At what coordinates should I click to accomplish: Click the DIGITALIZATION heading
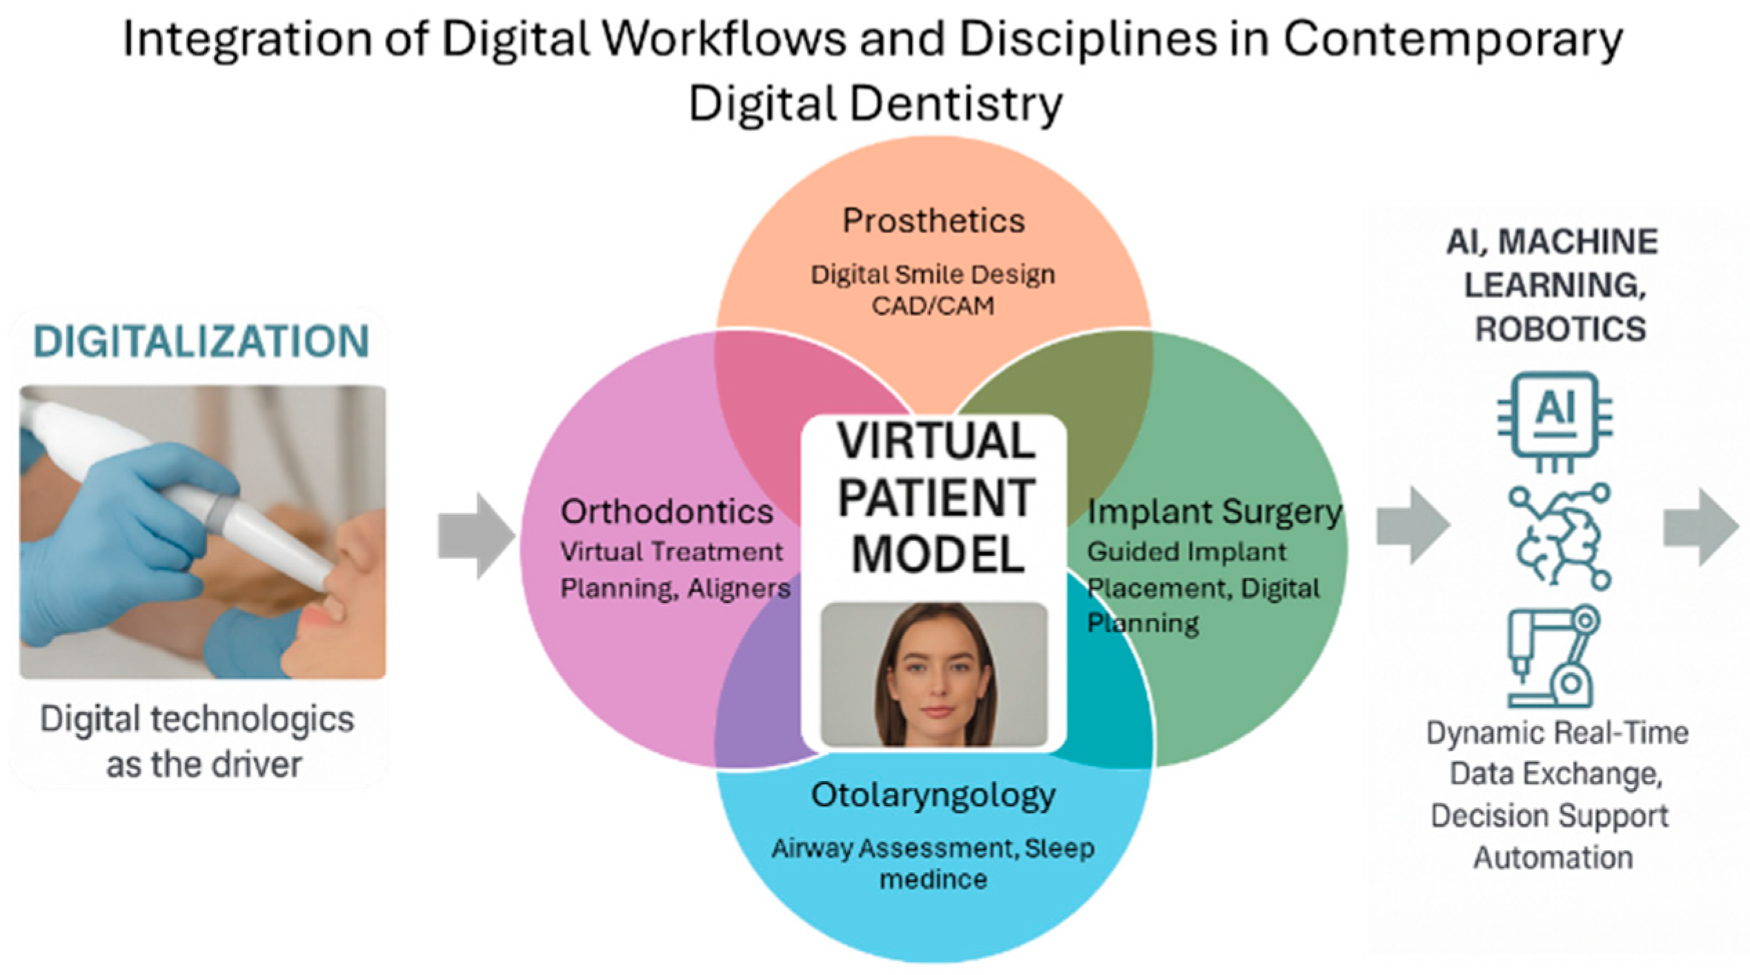click(201, 342)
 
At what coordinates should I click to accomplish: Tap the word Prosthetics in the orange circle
click(933, 221)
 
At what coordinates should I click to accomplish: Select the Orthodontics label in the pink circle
click(666, 512)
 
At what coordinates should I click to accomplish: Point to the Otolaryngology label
click(933, 795)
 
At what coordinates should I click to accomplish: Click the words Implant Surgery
click(1214, 512)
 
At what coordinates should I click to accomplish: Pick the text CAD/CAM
click(933, 306)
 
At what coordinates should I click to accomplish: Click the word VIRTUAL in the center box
click(936, 442)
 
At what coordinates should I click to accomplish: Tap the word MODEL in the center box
click(938, 555)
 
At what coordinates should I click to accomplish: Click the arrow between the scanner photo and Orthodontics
click(477, 535)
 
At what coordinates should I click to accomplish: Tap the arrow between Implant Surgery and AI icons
click(1413, 526)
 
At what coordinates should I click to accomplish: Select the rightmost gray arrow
click(1701, 527)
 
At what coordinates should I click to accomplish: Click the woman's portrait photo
click(934, 674)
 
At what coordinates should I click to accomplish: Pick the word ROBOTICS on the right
click(1560, 329)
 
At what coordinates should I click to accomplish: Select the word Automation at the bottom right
click(1553, 858)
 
